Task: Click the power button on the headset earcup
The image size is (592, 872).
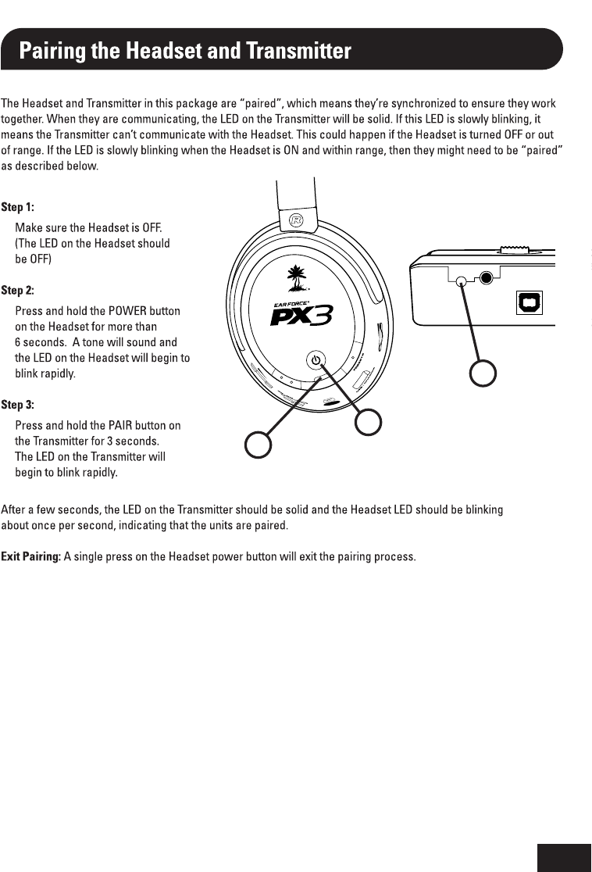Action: (x=315, y=360)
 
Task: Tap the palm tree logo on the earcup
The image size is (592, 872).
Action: (x=297, y=275)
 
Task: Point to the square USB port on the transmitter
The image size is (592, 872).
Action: (x=530, y=302)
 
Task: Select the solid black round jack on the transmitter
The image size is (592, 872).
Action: (x=488, y=277)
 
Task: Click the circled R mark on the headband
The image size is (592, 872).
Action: (x=296, y=220)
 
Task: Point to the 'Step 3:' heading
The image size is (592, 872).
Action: (x=17, y=405)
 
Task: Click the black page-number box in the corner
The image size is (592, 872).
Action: (x=564, y=857)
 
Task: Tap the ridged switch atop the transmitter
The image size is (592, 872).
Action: (x=514, y=250)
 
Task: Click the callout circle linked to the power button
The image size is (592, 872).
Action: (x=368, y=423)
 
